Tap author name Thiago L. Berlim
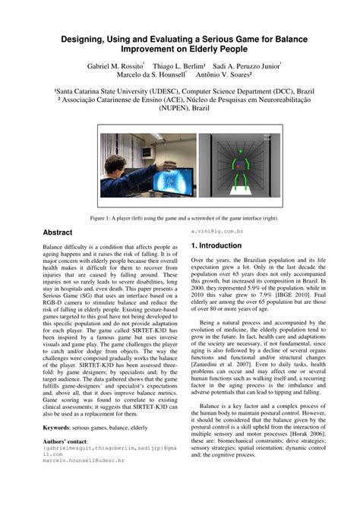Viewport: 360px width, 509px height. tap(178, 66)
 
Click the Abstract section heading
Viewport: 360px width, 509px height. tap(58, 232)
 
